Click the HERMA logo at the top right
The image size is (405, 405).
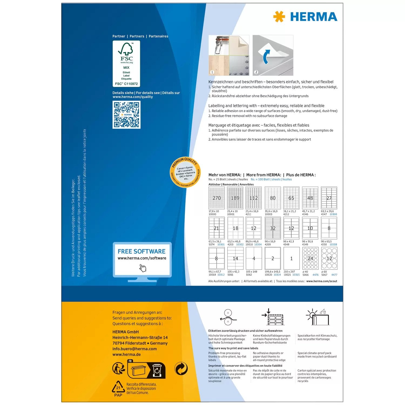tap(305, 17)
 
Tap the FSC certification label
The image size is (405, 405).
tap(126, 64)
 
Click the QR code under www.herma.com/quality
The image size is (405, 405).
tap(126, 115)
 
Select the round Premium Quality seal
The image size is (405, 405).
tap(185, 172)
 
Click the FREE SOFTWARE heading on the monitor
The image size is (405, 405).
tap(141, 251)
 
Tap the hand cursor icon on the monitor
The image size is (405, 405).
tap(143, 268)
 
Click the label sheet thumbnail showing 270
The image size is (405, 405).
tap(217, 198)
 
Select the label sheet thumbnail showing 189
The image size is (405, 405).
tap(235, 198)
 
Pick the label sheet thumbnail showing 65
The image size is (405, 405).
tap(291, 198)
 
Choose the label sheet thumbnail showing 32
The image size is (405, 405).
tap(273, 228)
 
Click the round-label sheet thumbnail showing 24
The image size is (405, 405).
tap(310, 258)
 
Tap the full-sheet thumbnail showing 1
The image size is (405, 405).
tap(291, 258)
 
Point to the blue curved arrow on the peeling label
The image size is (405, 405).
tap(266, 57)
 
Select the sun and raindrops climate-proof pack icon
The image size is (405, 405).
tap(318, 317)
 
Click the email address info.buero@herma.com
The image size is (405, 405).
tap(134, 349)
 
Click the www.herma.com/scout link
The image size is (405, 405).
tap(322, 281)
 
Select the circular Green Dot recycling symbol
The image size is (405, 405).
tap(181, 369)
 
